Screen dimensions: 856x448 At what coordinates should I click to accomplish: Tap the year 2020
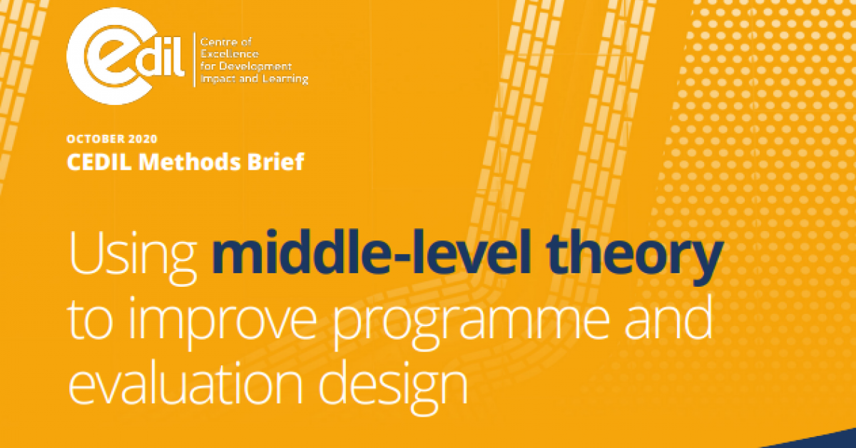[143, 139]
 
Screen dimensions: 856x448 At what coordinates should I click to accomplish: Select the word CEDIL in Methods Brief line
[99, 162]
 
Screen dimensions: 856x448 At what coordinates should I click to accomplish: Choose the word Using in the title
[133, 257]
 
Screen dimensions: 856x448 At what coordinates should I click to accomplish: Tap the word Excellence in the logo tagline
[229, 54]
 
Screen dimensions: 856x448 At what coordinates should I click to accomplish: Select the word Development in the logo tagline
[255, 67]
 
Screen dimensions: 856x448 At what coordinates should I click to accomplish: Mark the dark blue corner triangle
[833, 442]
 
